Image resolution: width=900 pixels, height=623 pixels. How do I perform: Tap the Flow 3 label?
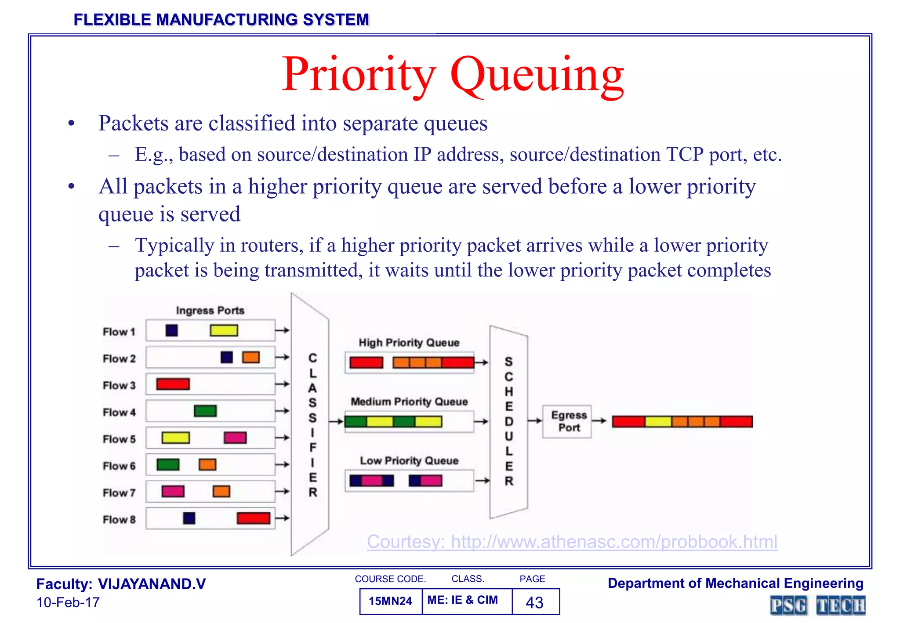pos(119,385)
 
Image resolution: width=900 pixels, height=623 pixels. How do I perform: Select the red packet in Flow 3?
pos(173,384)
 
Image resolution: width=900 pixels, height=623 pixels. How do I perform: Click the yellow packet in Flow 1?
pos(224,330)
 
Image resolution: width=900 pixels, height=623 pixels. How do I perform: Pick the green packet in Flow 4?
pos(205,411)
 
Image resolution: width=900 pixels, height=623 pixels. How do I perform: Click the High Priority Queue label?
pos(409,343)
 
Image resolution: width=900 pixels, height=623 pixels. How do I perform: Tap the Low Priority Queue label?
pos(409,460)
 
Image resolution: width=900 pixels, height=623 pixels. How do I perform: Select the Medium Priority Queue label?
pos(409,402)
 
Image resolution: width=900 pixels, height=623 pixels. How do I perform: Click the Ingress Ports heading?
pos(210,311)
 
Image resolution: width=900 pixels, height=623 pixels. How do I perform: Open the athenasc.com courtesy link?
pos(572,542)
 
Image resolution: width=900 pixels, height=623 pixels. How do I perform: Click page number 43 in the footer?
pos(534,602)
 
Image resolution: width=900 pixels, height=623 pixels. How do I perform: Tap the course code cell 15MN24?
pos(390,601)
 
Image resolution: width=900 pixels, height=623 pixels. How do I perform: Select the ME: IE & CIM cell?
pos(462,600)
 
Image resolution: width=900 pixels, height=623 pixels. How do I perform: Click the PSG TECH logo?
pos(817,605)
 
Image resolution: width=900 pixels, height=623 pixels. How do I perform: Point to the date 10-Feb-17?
pos(68,602)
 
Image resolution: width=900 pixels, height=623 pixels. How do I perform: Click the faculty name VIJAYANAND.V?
pos(152,584)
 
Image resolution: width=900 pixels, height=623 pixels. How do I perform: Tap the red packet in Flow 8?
pos(253,518)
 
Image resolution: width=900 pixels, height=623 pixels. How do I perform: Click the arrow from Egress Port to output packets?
pos(599,421)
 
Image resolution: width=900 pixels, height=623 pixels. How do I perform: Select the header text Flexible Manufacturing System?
pos(221,20)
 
